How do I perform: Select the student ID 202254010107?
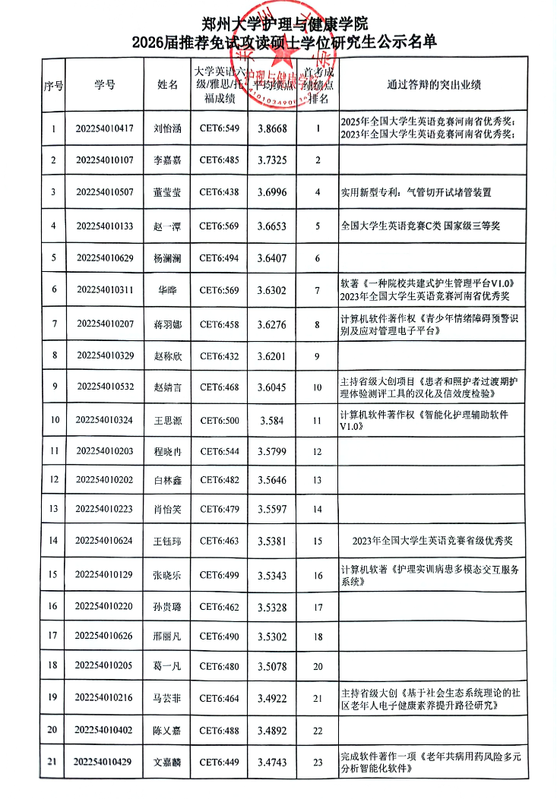coord(105,160)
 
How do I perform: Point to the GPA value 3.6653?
coord(273,226)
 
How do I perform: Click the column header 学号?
coord(105,84)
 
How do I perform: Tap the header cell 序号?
coord(53,85)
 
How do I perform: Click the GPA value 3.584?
coord(273,420)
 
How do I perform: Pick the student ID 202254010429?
coord(105,762)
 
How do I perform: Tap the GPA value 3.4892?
coord(273,730)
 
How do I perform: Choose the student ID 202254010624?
coord(105,541)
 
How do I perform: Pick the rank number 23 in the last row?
coord(318,762)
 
